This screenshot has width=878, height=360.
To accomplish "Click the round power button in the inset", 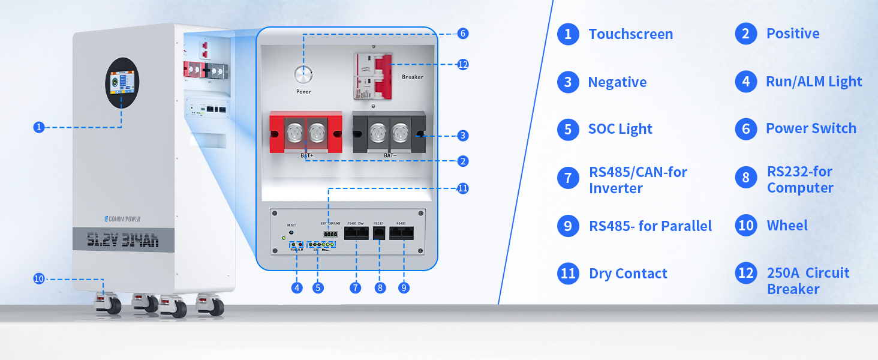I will pos(303,76).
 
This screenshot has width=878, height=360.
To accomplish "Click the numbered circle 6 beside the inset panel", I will pos(462,34).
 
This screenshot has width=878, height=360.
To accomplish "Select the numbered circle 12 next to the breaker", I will pos(462,64).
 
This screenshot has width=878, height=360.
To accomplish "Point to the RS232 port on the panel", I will pos(379,233).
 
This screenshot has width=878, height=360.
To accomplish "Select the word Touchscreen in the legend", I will pos(630,34).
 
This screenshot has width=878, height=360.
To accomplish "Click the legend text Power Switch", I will pos(811,128).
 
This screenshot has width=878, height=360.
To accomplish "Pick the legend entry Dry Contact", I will pos(628,274).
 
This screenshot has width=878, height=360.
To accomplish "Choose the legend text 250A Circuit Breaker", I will pos(808,281).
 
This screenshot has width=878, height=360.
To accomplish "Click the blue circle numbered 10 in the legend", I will pos(745,226).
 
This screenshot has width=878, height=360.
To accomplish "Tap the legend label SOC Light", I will pos(620,129).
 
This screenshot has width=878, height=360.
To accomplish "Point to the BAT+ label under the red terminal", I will pos(307,155).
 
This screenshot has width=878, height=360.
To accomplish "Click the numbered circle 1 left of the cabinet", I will pos(39,127).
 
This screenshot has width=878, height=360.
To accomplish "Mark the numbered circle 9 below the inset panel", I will pos(404,288).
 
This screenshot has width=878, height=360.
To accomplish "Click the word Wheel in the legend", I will pos(787,226).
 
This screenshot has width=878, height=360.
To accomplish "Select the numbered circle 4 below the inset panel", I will pos(297,288).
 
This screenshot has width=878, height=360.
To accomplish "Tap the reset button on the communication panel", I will pos(291,232).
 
